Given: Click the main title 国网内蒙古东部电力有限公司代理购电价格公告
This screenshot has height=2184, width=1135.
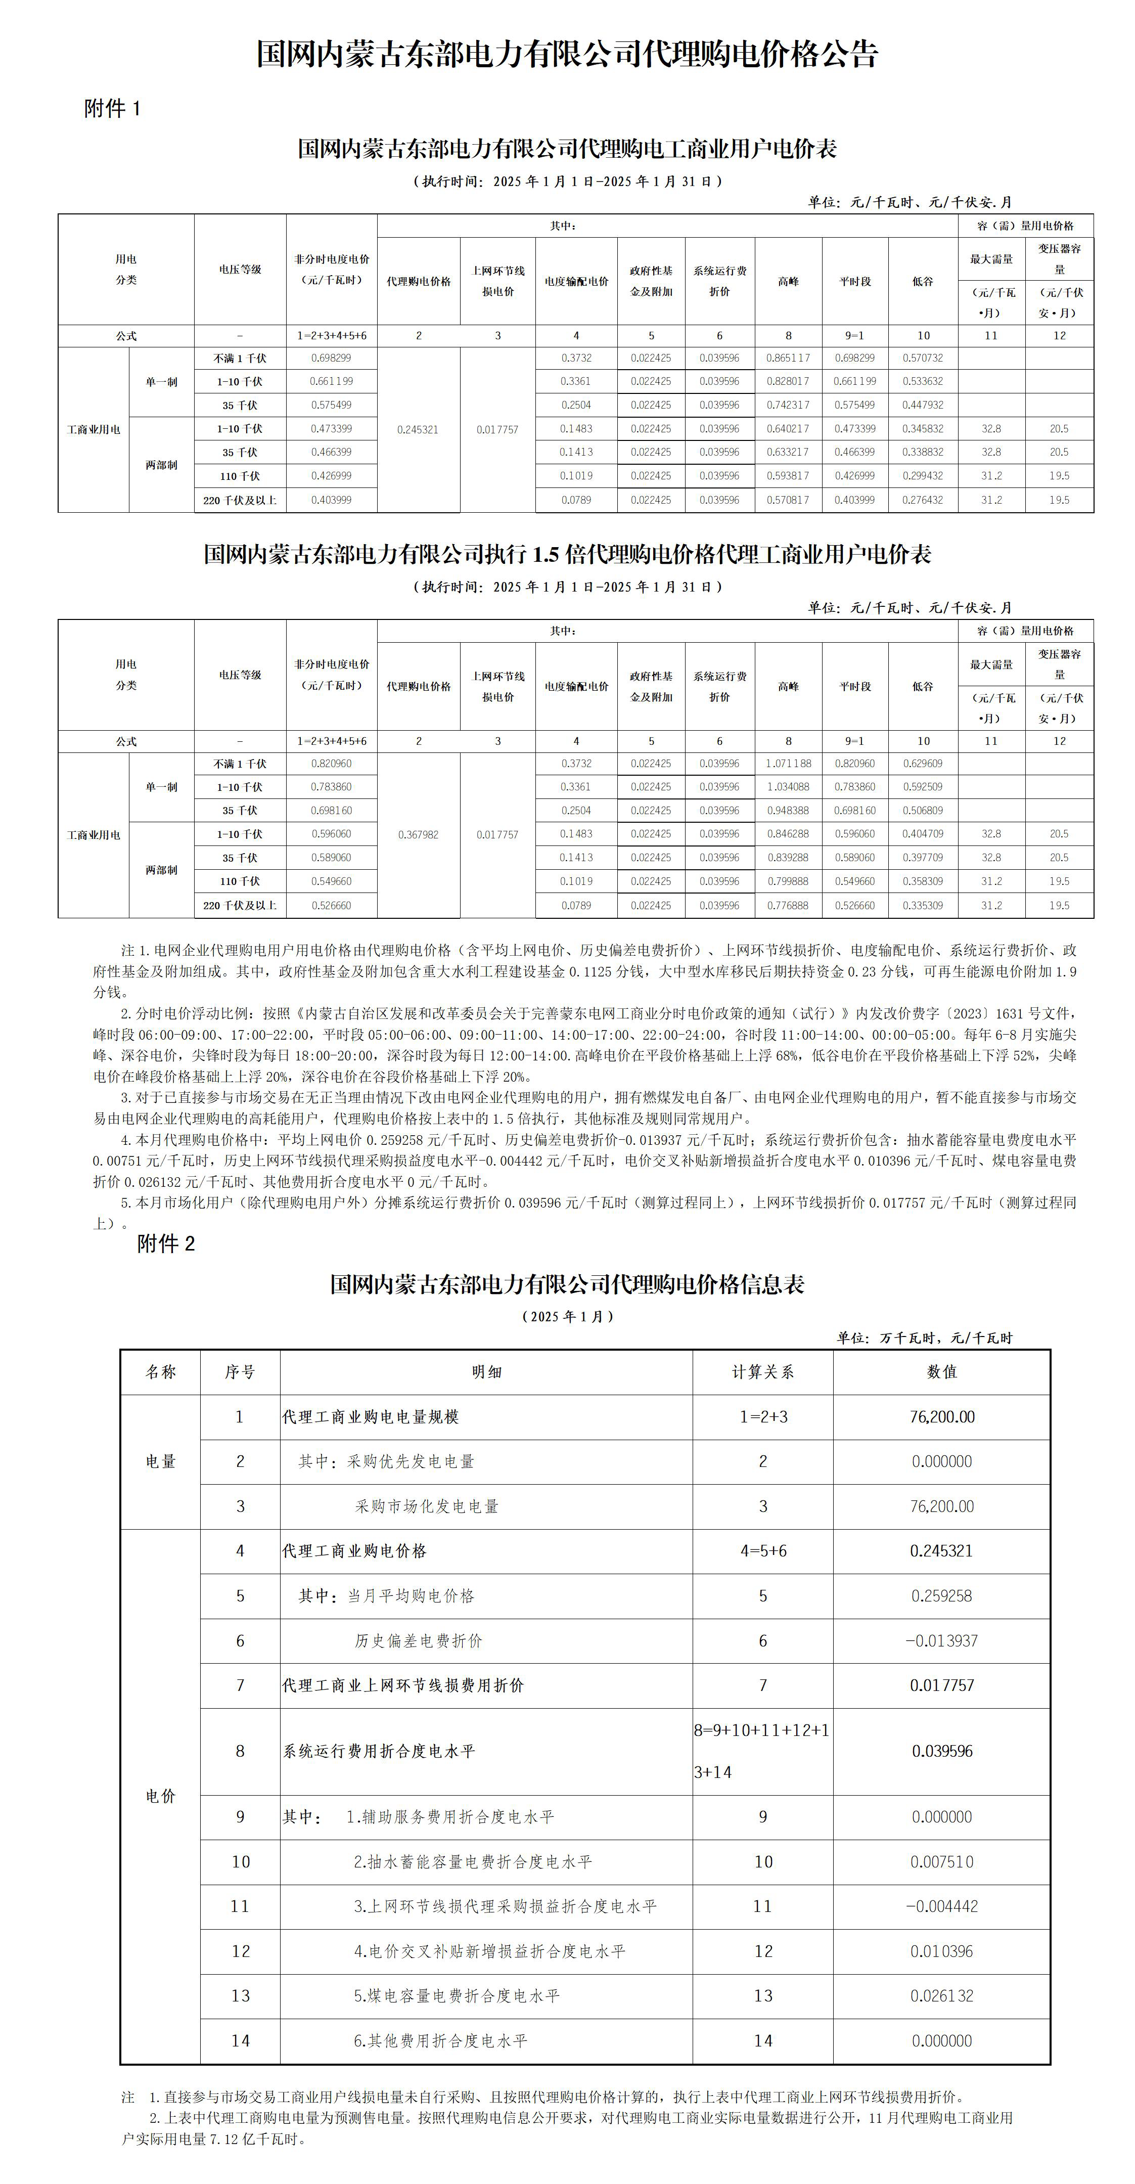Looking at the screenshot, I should click(567, 54).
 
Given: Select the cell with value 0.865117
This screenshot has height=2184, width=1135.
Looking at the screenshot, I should click(788, 359).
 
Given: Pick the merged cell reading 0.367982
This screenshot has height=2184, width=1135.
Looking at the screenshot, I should click(418, 835).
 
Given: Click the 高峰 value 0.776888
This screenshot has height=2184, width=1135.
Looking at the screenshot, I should click(788, 906).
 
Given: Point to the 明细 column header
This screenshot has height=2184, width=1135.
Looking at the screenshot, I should click(486, 1372).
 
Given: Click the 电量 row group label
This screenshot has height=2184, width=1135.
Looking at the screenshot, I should click(160, 1462).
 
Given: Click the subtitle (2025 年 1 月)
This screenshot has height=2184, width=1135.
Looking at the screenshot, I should click(567, 1317).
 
